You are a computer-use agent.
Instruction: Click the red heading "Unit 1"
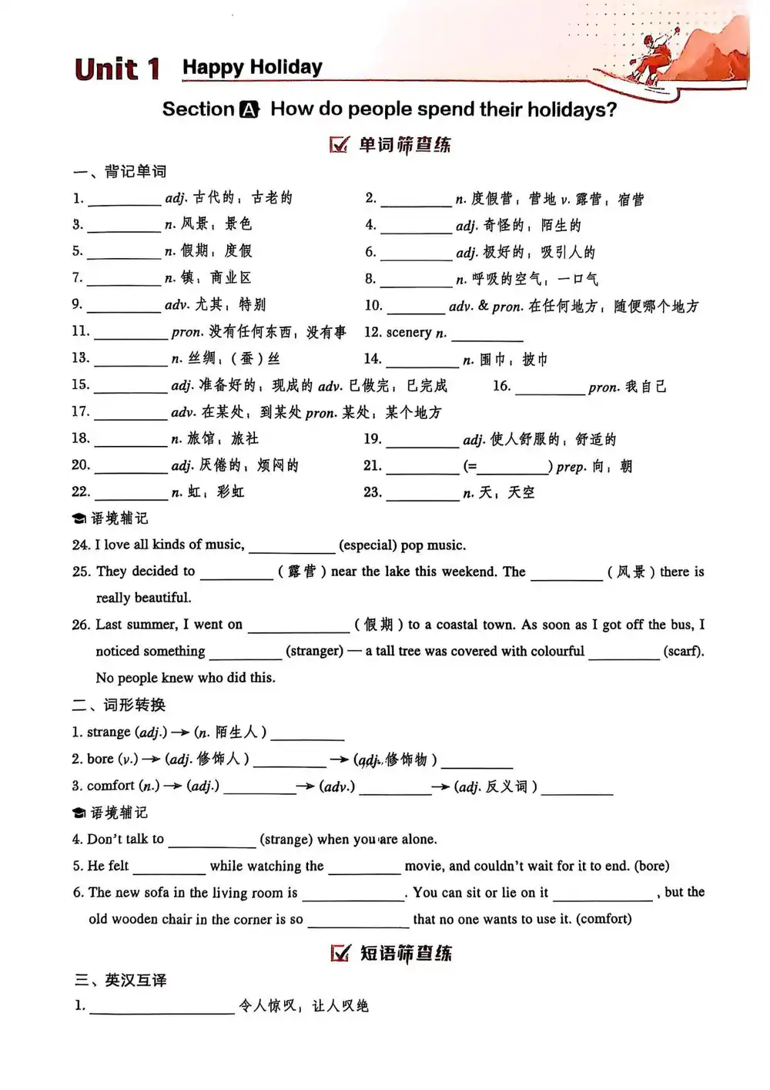[117, 69]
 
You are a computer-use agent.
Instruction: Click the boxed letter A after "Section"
[249, 110]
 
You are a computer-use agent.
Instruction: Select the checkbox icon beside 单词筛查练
[339, 145]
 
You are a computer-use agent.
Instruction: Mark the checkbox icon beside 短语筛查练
[340, 953]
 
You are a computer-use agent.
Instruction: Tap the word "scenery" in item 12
[408, 333]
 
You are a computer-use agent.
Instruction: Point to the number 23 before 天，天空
[372, 491]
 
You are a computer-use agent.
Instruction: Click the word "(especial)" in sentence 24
[367, 545]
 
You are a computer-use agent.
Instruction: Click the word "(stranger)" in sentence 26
[314, 651]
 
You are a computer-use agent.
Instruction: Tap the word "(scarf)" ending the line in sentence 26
[683, 651]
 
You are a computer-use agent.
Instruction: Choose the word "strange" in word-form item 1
[109, 732]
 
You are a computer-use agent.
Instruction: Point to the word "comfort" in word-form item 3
[111, 786]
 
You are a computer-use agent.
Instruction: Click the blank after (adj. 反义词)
[577, 789]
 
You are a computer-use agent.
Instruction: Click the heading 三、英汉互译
[120, 980]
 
